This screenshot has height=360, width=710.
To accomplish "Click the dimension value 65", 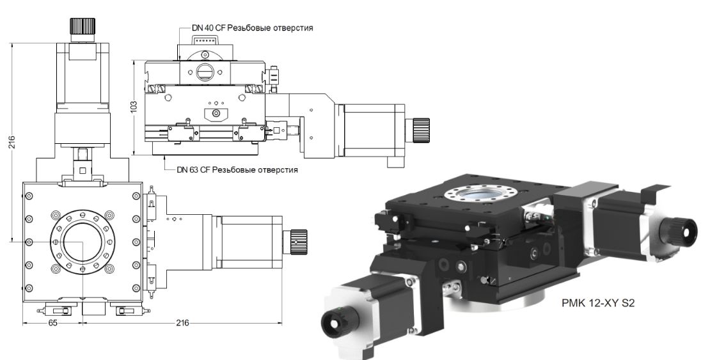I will pos(54,324).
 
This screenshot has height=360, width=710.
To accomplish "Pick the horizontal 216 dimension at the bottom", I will pos(182,324).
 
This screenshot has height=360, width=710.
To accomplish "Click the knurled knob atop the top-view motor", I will pos(82,27).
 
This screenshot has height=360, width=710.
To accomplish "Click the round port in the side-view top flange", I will pos(206,72).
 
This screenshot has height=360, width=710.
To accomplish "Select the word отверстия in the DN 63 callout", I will pos(278,170).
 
